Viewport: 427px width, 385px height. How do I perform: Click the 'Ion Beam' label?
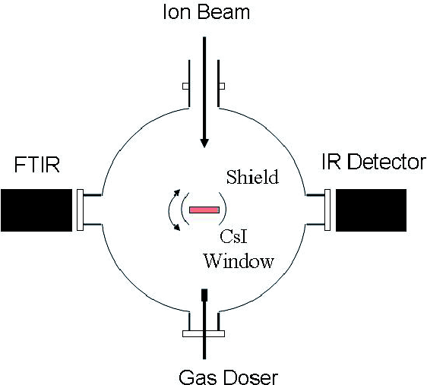[x=206, y=12]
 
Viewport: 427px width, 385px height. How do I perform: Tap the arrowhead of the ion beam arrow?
[x=204, y=143]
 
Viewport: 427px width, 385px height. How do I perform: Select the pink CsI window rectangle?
[x=204, y=210]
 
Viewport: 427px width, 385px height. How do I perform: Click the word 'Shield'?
[x=252, y=177]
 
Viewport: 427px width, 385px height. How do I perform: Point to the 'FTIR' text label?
[x=36, y=165]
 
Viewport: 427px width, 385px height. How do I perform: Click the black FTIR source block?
[x=36, y=210]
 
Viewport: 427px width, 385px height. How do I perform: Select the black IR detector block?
[x=371, y=210]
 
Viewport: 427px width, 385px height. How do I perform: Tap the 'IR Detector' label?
[x=374, y=163]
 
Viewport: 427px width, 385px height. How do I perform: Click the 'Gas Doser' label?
[x=228, y=377]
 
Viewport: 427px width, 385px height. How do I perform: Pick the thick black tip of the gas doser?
[x=204, y=295]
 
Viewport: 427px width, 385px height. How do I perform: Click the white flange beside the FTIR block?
[x=80, y=210]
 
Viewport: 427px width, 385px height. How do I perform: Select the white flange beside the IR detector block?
[x=327, y=210]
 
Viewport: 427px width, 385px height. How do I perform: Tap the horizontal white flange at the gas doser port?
[x=204, y=333]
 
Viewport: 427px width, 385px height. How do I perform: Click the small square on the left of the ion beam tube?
[x=185, y=86]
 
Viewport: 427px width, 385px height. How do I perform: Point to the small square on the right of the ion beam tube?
[x=222, y=86]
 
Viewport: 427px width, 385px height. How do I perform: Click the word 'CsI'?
[x=234, y=236]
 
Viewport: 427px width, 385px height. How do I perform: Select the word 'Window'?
[x=239, y=261]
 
